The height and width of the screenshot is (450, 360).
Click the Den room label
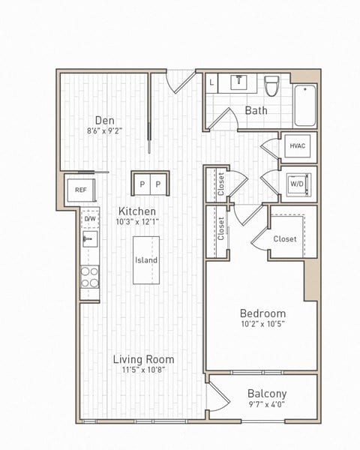pyautogui.click(x=104, y=119)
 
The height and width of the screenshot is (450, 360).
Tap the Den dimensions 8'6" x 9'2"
pyautogui.click(x=104, y=130)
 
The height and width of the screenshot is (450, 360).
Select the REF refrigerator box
pyautogui.click(x=80, y=190)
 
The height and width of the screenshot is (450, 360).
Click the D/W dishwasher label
pyautogui.click(x=90, y=219)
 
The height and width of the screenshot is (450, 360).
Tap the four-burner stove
pyautogui.click(x=90, y=277)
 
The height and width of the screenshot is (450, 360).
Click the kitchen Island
pyautogui.click(x=146, y=260)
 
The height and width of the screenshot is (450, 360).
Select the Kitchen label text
pyautogui.click(x=136, y=211)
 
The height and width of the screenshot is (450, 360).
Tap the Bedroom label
pyautogui.click(x=262, y=313)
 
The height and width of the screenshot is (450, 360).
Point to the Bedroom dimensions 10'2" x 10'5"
pyautogui.click(x=262, y=324)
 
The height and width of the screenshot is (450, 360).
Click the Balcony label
pyautogui.click(x=267, y=394)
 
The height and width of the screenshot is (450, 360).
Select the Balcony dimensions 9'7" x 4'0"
pyautogui.click(x=267, y=405)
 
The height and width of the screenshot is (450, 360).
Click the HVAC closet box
pyautogui.click(x=298, y=146)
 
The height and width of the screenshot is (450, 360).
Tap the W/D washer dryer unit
pyautogui.click(x=298, y=184)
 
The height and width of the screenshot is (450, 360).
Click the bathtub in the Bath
pyautogui.click(x=304, y=105)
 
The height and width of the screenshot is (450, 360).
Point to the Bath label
pyautogui.click(x=256, y=111)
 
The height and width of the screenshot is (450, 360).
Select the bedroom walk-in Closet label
pyautogui.click(x=285, y=239)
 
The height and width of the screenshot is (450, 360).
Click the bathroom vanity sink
pyautogui.click(x=240, y=81)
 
